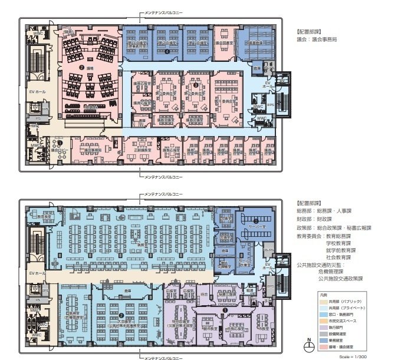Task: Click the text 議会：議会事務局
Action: (x=321, y=39)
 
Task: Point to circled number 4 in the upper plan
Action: (x=167, y=52)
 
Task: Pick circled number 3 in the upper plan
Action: (x=195, y=85)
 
